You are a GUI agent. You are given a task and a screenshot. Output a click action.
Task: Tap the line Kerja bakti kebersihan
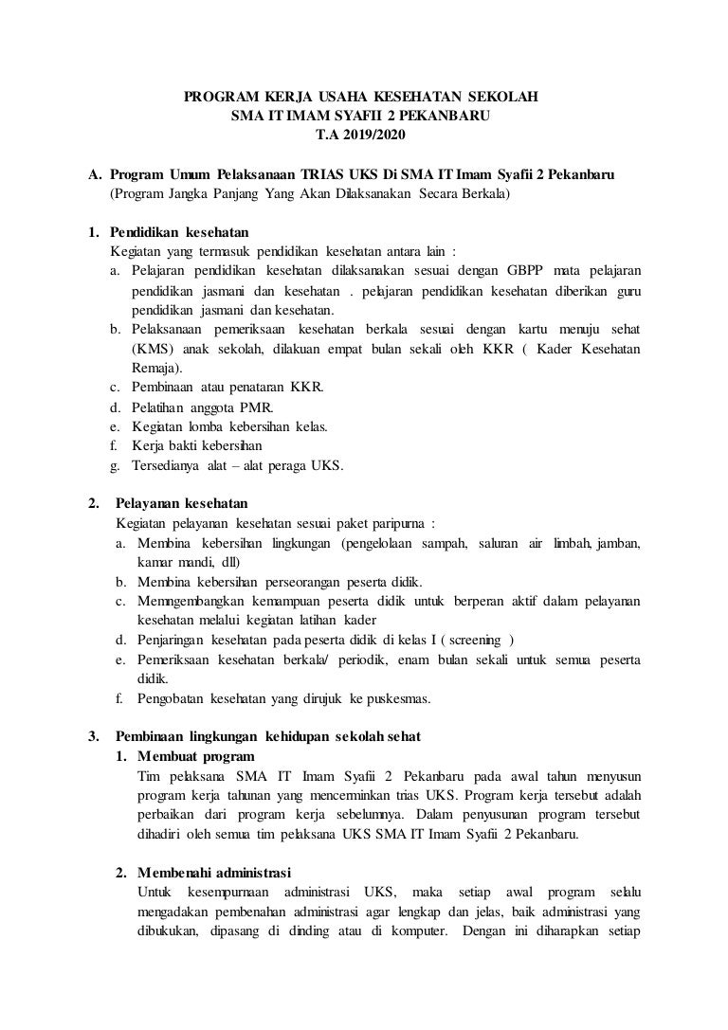click(197, 445)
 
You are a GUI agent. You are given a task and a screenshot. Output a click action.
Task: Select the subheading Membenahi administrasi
click(213, 872)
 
